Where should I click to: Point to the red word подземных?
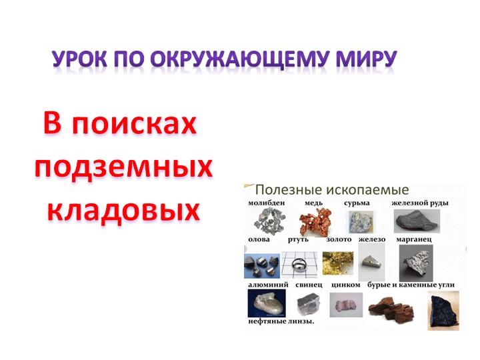[x=123, y=167]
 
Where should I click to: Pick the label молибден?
[x=267, y=203]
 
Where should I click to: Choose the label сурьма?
[x=357, y=203]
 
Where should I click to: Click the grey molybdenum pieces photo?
[x=269, y=221]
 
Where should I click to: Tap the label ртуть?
[x=297, y=239]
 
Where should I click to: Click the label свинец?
[x=308, y=285]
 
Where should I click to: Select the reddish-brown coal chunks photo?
[x=391, y=308]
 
